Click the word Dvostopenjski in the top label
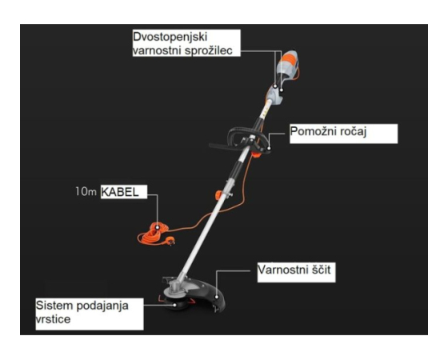tap(170, 38)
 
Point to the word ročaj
tap(353, 132)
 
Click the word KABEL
tap(120, 192)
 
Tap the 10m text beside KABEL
tap(86, 192)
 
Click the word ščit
tap(321, 270)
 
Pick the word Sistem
tap(54, 306)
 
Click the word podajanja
tap(102, 306)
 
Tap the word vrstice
tap(53, 319)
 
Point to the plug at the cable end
tap(171, 242)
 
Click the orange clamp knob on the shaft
tap(219, 195)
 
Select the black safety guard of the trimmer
tap(210, 294)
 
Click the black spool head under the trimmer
tap(176, 303)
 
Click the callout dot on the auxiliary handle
tap(269, 148)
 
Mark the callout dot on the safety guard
tap(217, 297)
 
